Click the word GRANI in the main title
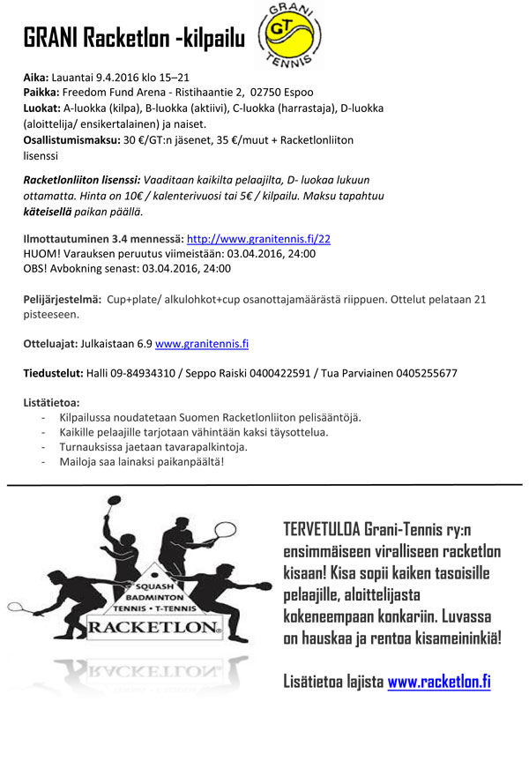coord(49,37)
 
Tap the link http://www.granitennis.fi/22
coord(258,238)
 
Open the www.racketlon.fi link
coord(438,681)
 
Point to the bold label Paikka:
coord(41,93)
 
